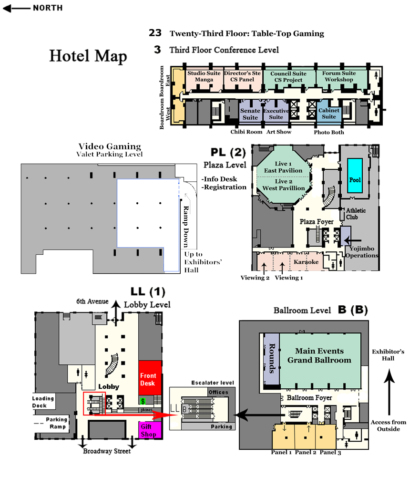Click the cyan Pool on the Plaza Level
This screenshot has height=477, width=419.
[355, 176]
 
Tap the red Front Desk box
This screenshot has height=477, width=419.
[150, 377]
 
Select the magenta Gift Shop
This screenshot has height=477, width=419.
[150, 430]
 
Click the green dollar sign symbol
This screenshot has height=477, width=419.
[143, 401]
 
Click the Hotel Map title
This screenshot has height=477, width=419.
[88, 56]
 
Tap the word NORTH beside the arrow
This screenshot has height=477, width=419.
[48, 8]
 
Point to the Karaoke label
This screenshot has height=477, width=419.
[306, 262]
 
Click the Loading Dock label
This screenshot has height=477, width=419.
[43, 402]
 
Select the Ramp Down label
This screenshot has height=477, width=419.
[186, 227]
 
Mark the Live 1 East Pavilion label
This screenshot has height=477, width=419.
[283, 167]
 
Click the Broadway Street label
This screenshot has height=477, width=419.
[107, 451]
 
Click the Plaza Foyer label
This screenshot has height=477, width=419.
[317, 222]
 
